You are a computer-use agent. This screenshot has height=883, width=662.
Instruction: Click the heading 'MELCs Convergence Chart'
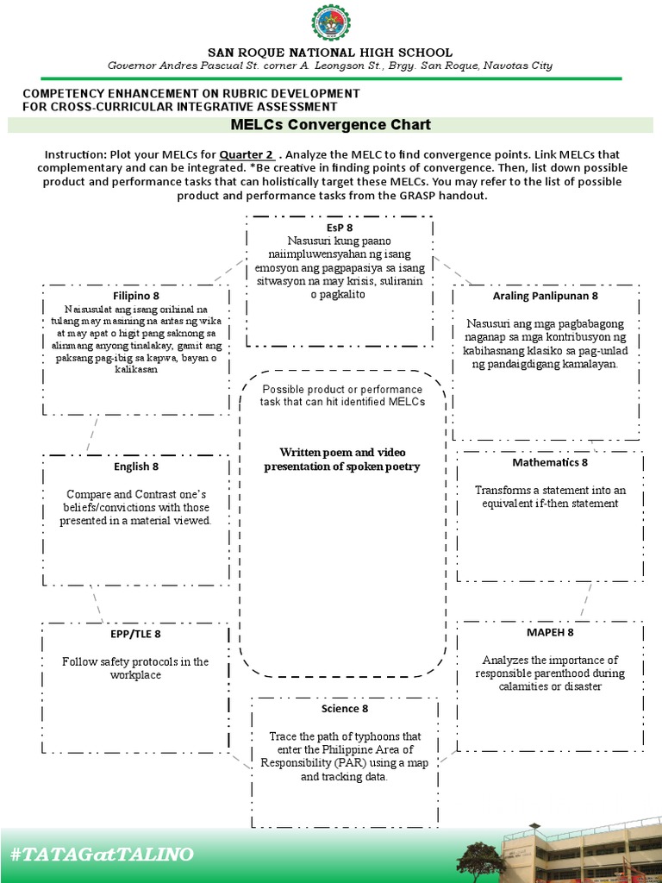(331, 125)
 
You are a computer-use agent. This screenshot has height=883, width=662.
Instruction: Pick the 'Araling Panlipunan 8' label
(545, 296)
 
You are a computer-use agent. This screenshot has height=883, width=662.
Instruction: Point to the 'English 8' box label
(136, 467)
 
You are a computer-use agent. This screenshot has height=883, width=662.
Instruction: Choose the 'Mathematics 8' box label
(550, 463)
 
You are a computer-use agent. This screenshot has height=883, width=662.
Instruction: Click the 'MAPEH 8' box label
(550, 632)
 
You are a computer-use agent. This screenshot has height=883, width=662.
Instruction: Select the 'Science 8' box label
(345, 709)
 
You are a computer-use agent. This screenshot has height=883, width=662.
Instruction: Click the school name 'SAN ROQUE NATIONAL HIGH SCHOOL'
(331, 53)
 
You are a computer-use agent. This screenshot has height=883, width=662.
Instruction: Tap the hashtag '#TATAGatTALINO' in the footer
(102, 855)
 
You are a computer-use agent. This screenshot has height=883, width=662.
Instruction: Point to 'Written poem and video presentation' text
(343, 460)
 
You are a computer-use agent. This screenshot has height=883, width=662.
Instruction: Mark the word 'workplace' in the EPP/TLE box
(135, 675)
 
